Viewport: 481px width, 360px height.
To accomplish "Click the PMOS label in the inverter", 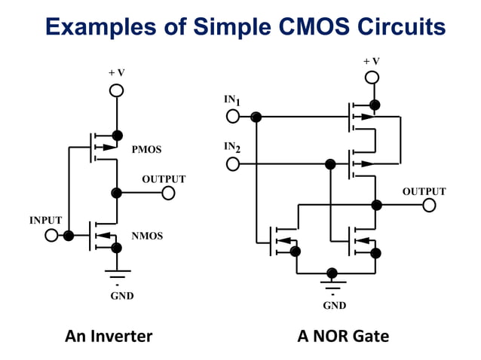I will tap(146, 150).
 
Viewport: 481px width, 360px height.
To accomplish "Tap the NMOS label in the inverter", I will tap(147, 236).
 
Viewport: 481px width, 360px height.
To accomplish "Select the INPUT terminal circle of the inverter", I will tap(51, 236).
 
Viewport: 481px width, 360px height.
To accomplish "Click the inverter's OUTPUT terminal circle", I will tap(168, 194).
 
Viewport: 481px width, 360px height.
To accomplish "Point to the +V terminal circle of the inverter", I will tap(116, 90).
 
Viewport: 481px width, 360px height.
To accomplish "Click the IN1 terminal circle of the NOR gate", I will tap(233, 117).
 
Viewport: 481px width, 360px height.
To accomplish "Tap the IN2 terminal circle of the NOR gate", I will tap(233, 163).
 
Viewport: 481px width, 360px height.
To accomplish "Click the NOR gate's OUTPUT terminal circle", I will tap(429, 206).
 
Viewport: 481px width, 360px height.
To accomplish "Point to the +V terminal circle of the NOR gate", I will tap(372, 78).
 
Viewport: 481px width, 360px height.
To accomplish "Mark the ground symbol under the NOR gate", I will tap(332, 285).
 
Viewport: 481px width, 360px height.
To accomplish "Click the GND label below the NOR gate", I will tap(334, 305).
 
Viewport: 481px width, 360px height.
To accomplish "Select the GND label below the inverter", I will tap(121, 296).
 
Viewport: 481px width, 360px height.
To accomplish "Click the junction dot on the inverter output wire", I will tap(116, 194).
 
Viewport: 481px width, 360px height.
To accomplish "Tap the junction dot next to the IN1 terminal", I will tap(256, 117).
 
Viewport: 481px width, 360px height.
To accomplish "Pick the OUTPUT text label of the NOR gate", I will tap(423, 192).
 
